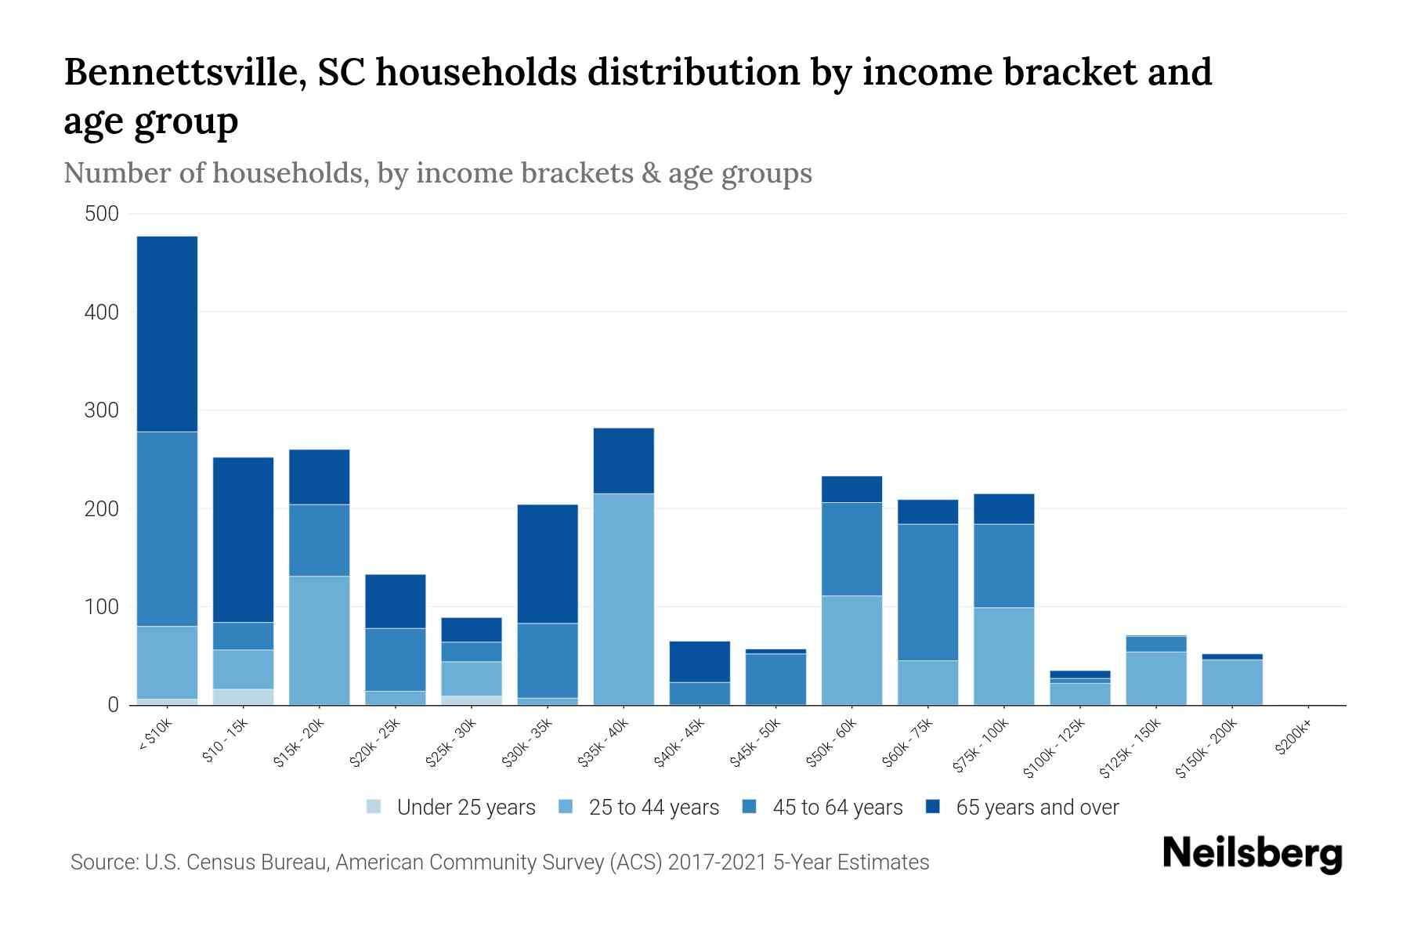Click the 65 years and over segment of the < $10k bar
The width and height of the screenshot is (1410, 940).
[167, 334]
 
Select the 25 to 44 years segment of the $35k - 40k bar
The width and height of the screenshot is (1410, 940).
[624, 599]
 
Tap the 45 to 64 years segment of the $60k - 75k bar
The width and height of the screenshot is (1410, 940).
[927, 592]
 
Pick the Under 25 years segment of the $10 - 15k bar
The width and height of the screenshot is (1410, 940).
[243, 697]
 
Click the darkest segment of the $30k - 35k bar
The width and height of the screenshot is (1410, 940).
[548, 564]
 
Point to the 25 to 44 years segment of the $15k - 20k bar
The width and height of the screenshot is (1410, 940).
[319, 641]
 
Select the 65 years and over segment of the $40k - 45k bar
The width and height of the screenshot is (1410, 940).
[700, 662]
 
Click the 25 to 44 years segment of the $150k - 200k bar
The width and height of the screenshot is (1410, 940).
[1232, 682]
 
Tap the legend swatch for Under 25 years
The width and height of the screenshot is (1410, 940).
[374, 807]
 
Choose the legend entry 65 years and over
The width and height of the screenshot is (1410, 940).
[1036, 808]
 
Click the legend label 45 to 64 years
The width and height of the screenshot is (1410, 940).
[837, 808]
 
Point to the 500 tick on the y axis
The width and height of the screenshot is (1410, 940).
[102, 214]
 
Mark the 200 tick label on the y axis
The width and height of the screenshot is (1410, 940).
[102, 509]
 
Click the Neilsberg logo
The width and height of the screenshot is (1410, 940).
[1252, 854]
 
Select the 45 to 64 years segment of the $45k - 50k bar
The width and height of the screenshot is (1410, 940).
[775, 679]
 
